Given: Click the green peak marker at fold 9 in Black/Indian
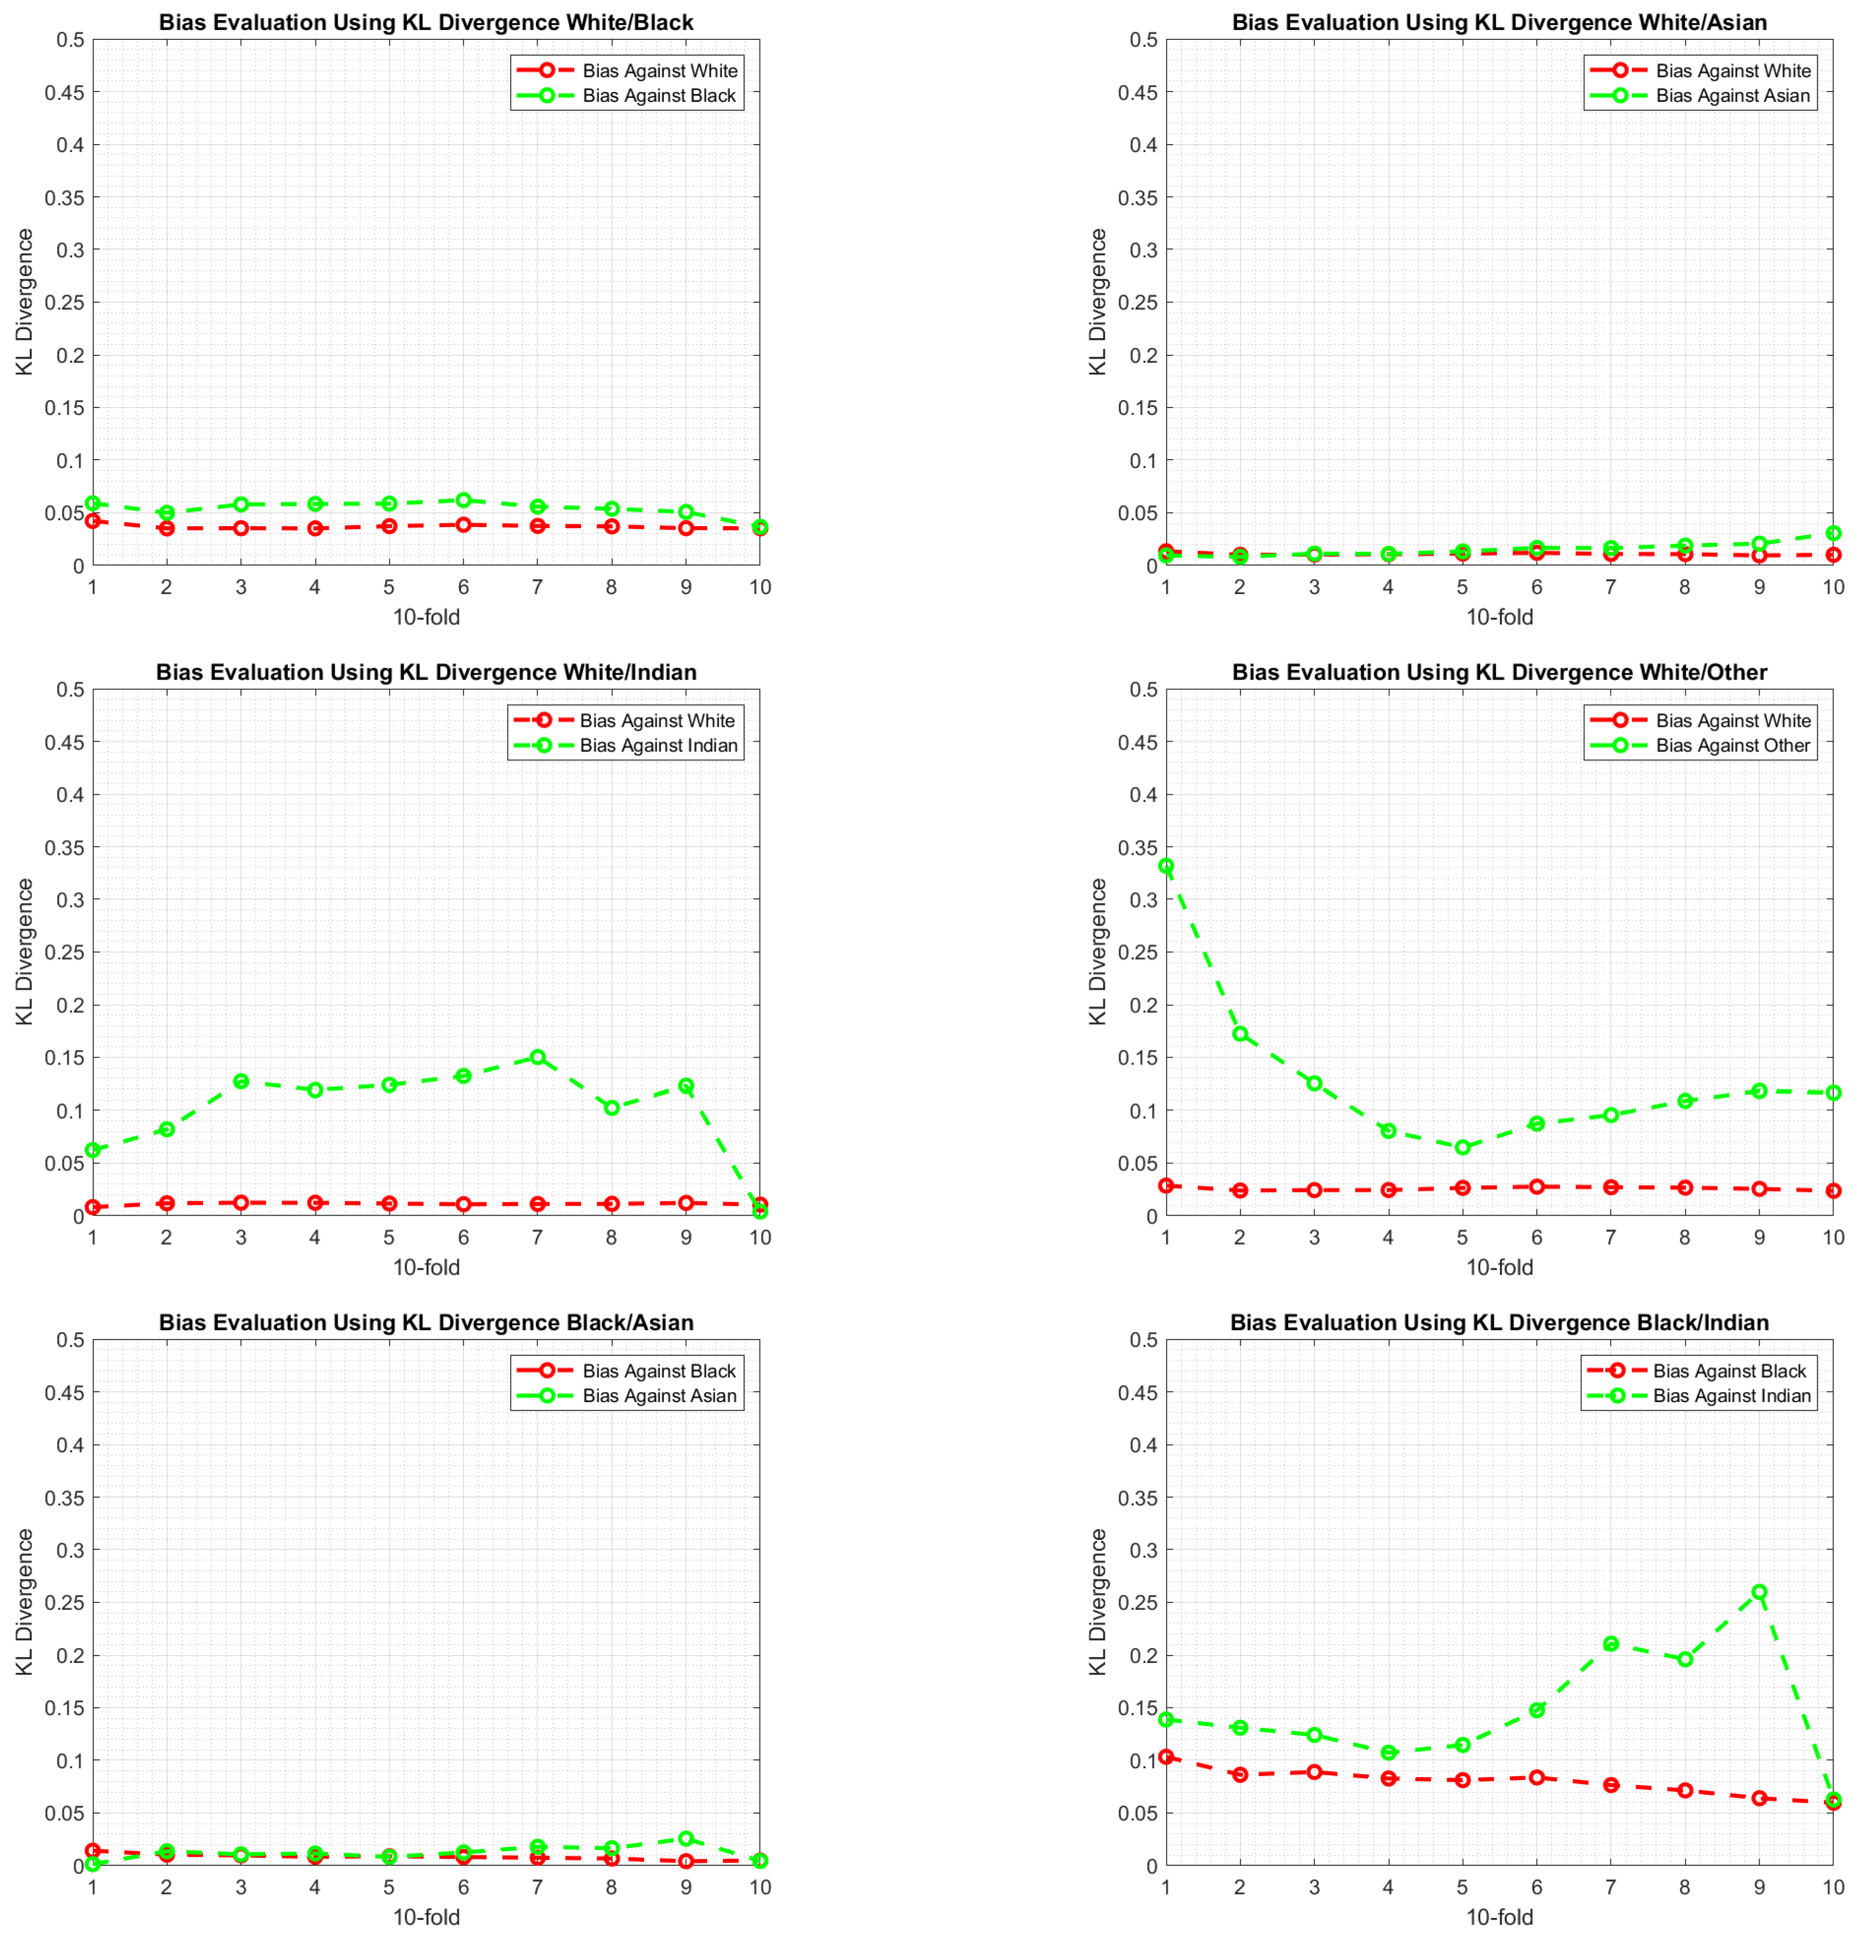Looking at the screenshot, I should [x=1759, y=1591].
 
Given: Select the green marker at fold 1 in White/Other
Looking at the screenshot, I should [x=1166, y=865].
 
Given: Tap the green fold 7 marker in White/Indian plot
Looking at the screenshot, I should [x=537, y=1057].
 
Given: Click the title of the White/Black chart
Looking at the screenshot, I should [x=426, y=22].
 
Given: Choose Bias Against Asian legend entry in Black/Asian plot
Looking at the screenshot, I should [x=660, y=1396].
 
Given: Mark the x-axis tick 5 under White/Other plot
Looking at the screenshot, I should [x=1461, y=1237].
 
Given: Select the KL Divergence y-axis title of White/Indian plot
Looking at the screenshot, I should [x=25, y=952].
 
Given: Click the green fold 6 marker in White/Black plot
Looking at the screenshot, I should [x=463, y=501].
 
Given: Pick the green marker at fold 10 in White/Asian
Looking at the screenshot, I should [x=1833, y=533].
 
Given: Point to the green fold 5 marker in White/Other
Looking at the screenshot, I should [x=1461, y=1147].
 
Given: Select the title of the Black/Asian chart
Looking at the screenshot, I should [x=426, y=1322].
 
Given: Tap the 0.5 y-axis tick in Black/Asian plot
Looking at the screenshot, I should [x=69, y=1340].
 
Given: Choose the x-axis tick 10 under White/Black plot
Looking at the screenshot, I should [x=759, y=587].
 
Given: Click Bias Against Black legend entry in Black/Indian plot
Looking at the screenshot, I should [x=1729, y=1371].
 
